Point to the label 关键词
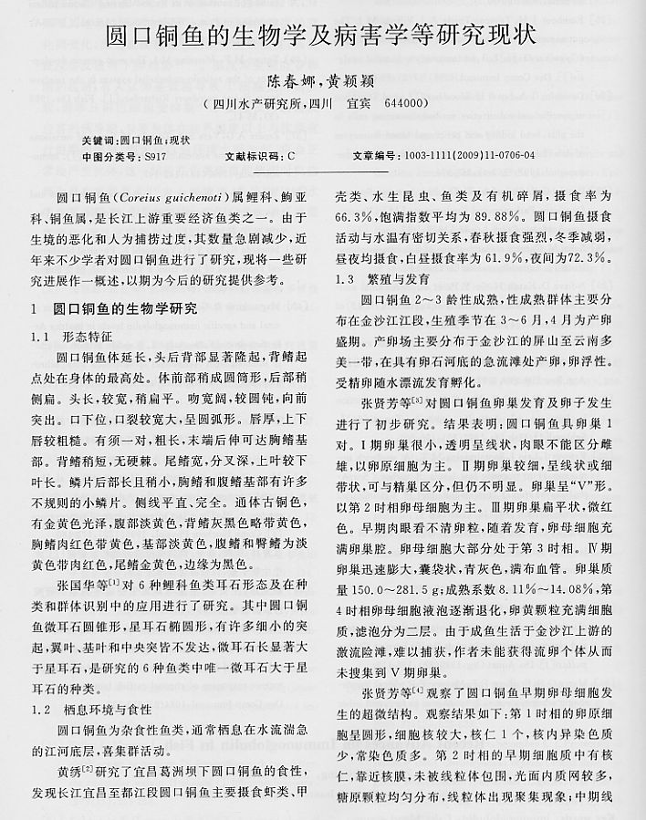[98, 140]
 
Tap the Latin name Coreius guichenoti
[172, 198]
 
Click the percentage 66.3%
[354, 218]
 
